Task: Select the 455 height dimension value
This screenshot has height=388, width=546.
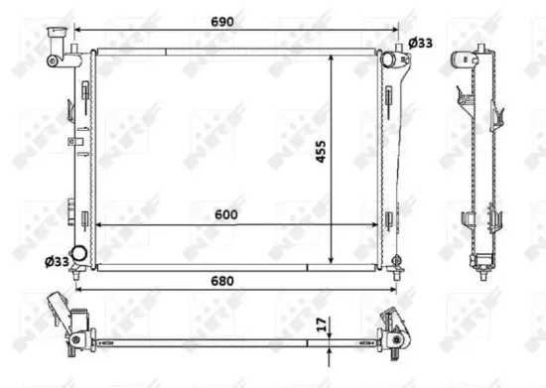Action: (321, 157)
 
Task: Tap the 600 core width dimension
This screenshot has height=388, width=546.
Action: (227, 212)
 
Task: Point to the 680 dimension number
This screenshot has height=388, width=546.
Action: (222, 281)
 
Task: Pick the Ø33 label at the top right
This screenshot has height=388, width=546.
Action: (421, 42)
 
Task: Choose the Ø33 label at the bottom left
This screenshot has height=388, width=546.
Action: (56, 262)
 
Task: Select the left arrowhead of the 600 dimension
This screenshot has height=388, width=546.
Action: (97, 225)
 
